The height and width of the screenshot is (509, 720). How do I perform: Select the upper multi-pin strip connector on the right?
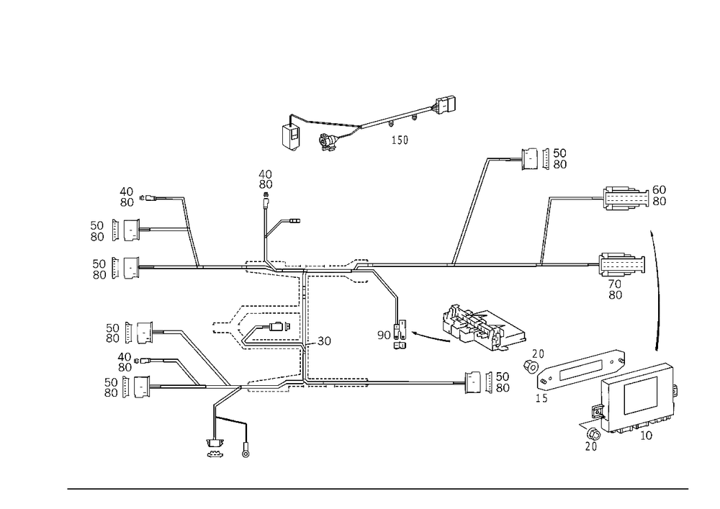point(624,197)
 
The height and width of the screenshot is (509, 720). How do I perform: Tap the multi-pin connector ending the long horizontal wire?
point(621,265)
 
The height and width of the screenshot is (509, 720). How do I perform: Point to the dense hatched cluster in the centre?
point(479,328)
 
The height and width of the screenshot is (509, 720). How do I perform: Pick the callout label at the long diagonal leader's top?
point(544,158)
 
